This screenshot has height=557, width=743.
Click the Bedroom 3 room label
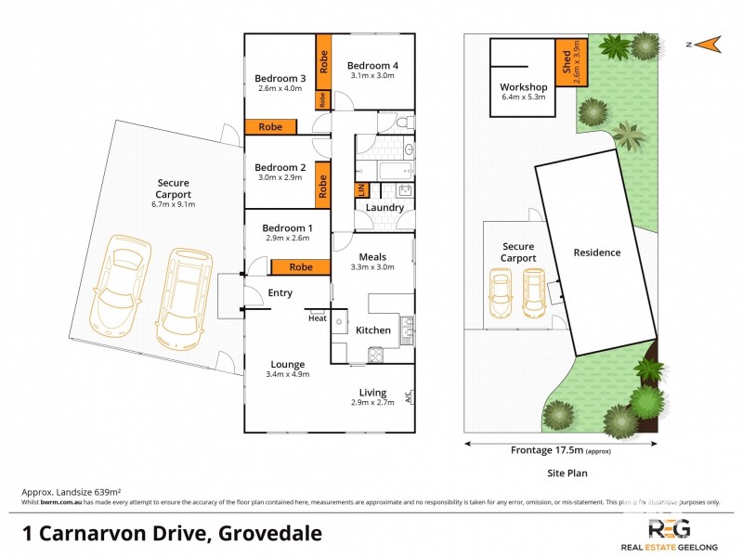point(280,78)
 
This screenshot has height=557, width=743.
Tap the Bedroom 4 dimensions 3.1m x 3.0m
point(372,76)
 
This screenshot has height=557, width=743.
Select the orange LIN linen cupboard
point(360,190)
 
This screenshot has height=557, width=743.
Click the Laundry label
point(385,208)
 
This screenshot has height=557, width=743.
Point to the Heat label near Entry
point(318,318)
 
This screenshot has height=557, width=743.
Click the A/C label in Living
point(407,397)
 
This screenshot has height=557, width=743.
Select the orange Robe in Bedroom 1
point(300,267)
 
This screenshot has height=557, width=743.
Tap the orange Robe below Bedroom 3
point(270,127)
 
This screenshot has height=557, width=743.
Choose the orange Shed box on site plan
point(567,61)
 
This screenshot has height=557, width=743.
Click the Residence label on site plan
point(596,253)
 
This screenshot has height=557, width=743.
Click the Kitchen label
point(374,330)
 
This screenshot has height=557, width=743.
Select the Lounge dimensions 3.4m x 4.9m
point(288,374)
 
